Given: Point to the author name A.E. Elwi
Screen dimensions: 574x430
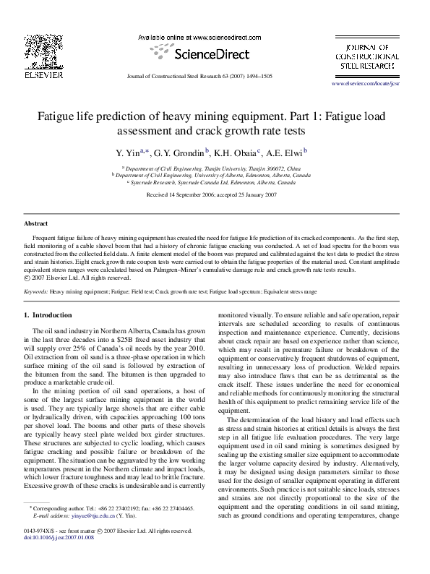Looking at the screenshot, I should point(286,153).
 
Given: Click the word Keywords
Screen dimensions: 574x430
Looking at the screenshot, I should point(36,292).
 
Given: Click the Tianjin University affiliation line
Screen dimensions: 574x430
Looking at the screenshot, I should point(215,167).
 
